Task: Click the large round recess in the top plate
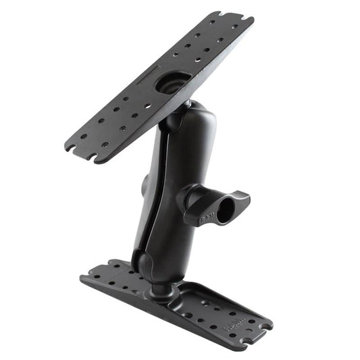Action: (168, 82)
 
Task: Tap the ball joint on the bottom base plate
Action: (160, 288)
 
